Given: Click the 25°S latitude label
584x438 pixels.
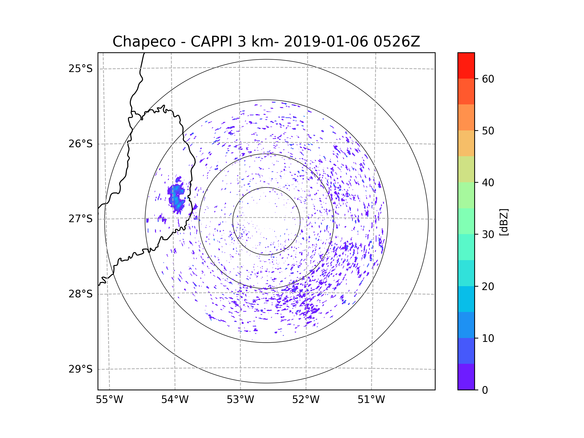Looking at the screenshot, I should click(81, 69).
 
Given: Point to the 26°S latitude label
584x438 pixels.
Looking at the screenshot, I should click(81, 144).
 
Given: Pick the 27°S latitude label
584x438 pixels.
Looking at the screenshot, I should click(81, 219).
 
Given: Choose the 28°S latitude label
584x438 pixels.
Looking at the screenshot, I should click(81, 294).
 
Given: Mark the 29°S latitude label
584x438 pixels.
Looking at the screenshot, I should click(81, 369).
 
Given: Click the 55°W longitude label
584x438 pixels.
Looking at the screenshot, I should click(109, 400).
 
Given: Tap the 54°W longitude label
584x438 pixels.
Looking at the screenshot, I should click(175, 400).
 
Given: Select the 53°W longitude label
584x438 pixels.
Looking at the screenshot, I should click(240, 400).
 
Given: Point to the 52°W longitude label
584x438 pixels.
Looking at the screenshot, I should click(306, 400).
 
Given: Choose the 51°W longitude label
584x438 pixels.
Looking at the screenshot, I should click(371, 400).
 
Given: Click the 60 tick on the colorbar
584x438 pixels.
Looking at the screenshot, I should click(488, 79).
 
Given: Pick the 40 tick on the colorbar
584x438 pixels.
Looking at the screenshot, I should click(488, 183).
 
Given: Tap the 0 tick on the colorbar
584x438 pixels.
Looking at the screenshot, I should click(485, 390).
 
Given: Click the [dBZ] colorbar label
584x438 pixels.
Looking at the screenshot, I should click(504, 222).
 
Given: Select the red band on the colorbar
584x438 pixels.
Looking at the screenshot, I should click(466, 65).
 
